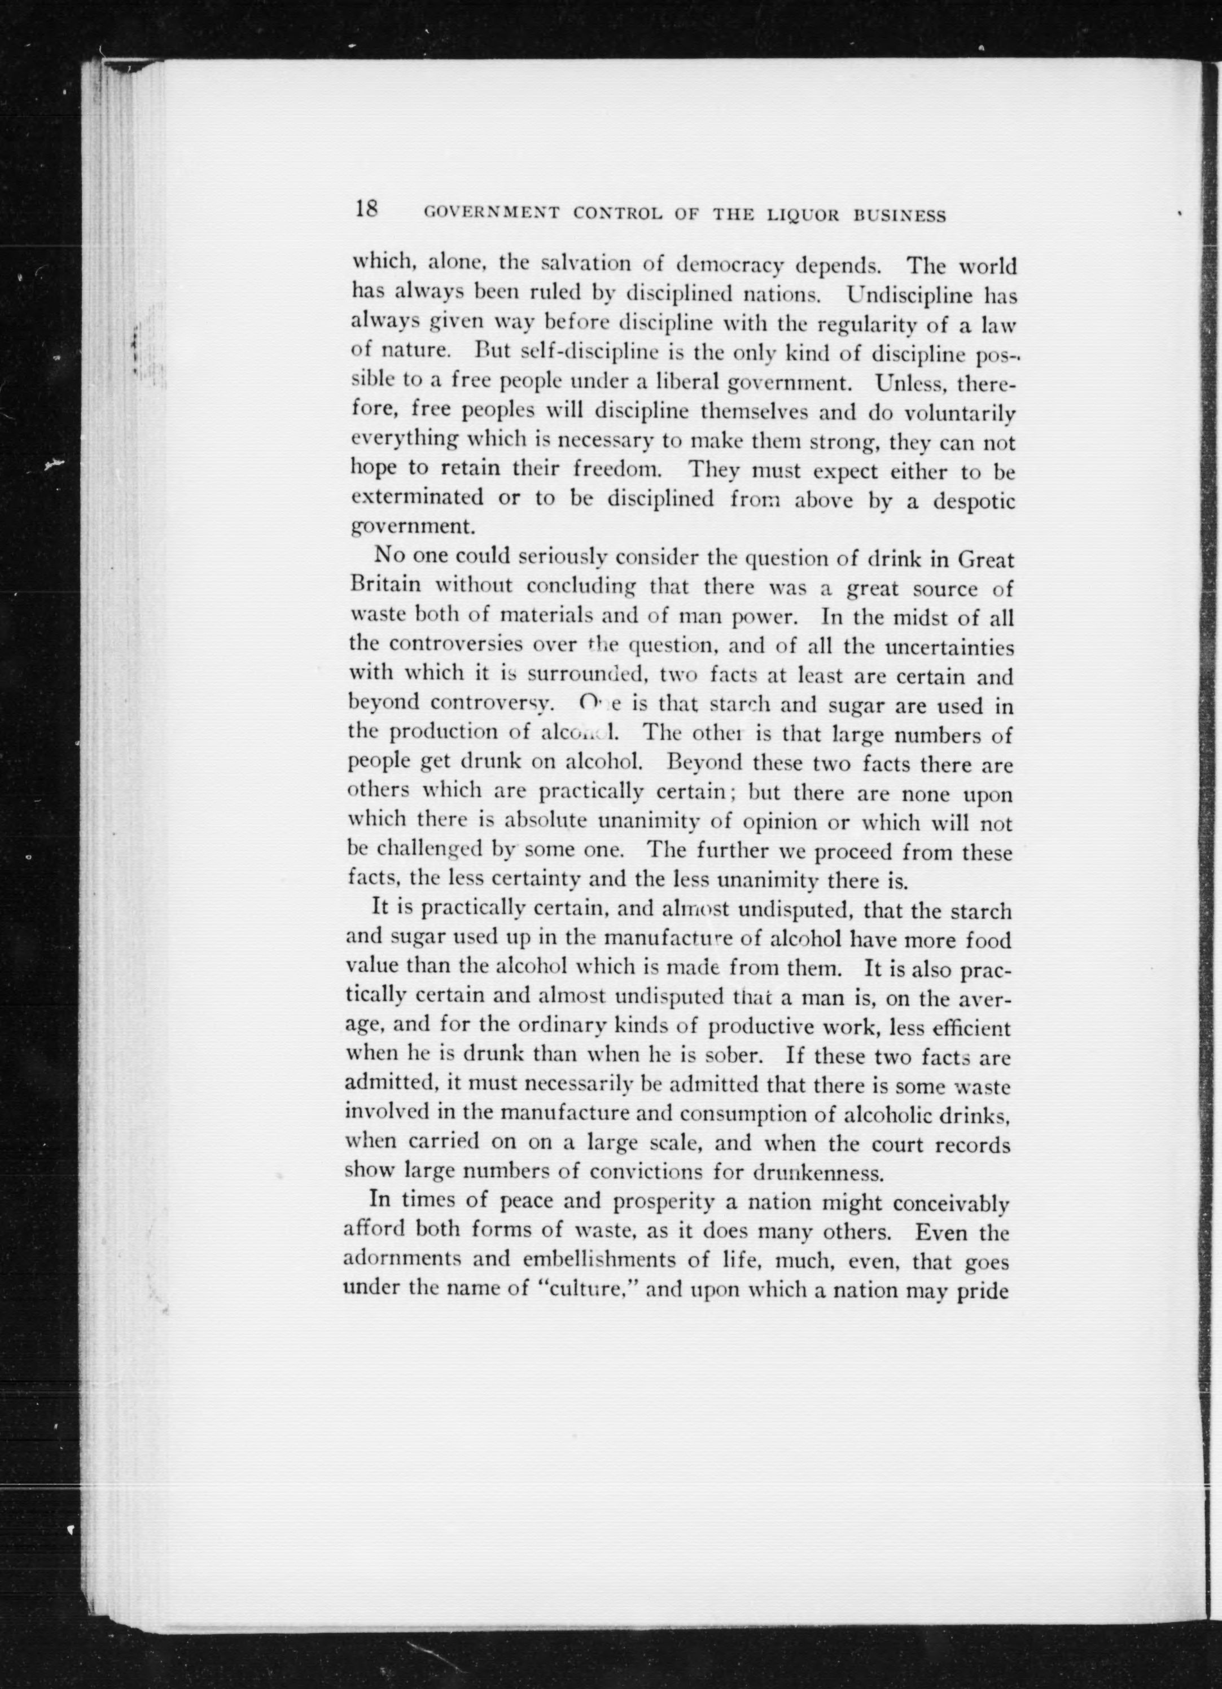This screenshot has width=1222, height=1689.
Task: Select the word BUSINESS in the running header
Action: point(900,216)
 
